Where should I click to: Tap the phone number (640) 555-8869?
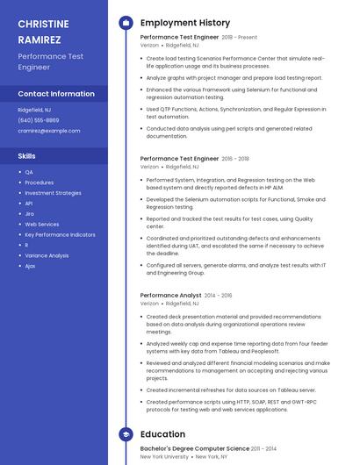pyautogui.click(x=39, y=120)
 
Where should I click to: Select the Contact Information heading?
pyautogui.click(x=56, y=94)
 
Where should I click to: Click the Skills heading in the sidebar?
pyautogui.click(x=26, y=155)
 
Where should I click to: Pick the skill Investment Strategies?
pyautogui.click(x=53, y=193)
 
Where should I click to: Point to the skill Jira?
pyautogui.click(x=29, y=214)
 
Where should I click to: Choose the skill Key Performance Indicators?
pyautogui.click(x=60, y=235)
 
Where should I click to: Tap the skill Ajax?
pyautogui.click(x=30, y=266)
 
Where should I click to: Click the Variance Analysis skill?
pyautogui.click(x=47, y=255)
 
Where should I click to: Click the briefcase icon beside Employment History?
pyautogui.click(x=126, y=23)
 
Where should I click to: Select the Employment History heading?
pyautogui.click(x=184, y=23)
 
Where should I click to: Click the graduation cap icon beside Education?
pyautogui.click(x=126, y=434)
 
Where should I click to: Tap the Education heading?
pyautogui.click(x=162, y=434)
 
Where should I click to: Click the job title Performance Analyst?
pyautogui.click(x=170, y=296)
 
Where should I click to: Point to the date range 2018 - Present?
pyautogui.click(x=240, y=38)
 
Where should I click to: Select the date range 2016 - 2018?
pyautogui.click(x=235, y=159)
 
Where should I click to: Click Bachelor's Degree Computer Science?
pyautogui.click(x=194, y=448)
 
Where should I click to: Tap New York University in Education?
pyautogui.click(x=164, y=456)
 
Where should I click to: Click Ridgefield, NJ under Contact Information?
pyautogui.click(x=34, y=110)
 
